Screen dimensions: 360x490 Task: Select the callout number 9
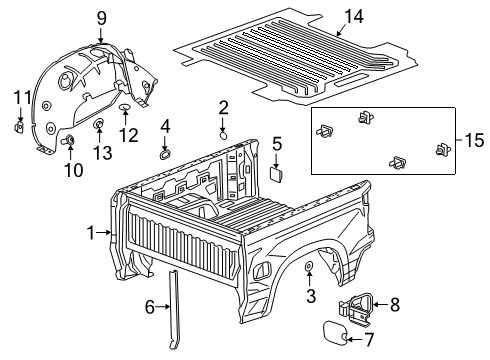tap(101, 17)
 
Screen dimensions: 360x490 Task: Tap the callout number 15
tap(474, 137)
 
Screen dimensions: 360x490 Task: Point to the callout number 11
tap(16, 96)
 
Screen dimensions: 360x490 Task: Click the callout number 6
tap(151, 308)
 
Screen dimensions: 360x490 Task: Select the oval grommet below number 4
tap(165, 153)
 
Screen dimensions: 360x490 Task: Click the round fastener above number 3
tap(309, 266)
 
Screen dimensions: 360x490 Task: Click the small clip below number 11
tap(18, 127)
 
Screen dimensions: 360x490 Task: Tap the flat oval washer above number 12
tap(123, 105)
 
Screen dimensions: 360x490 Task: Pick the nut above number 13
tap(101, 125)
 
